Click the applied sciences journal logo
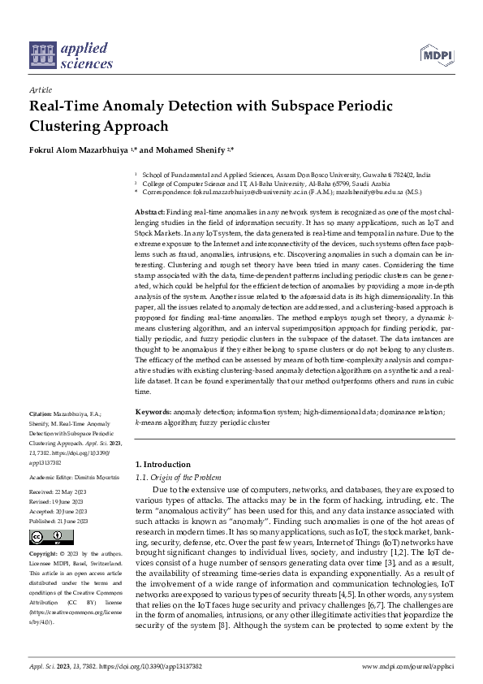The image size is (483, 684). point(71,53)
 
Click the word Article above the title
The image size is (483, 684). point(40,90)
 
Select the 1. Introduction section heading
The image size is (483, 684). point(162,464)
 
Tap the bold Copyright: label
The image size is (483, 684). point(45,553)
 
